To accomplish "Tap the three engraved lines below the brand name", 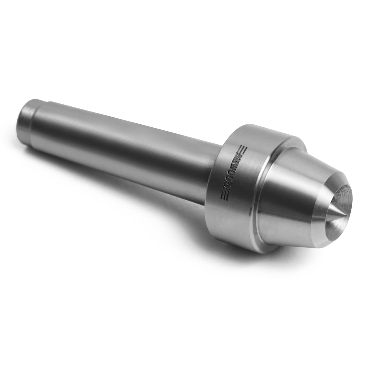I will coord(224,198).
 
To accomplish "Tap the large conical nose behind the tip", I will coord(289,195).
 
